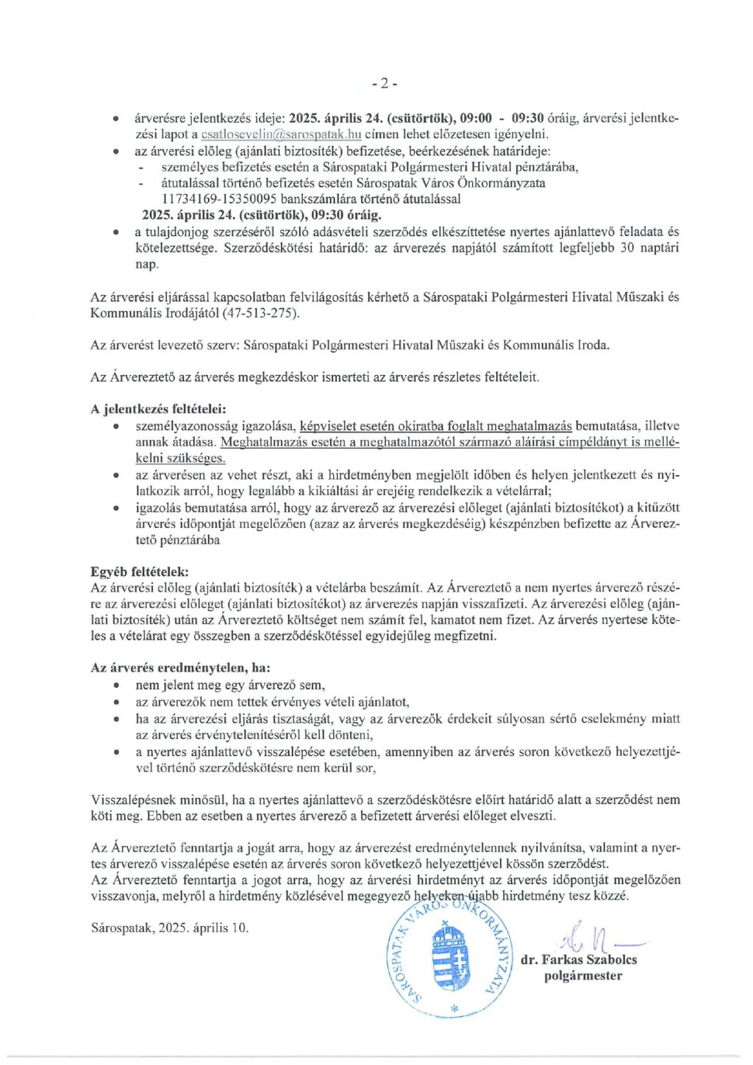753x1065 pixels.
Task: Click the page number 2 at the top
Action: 384,83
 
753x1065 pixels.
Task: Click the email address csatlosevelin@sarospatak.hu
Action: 281,135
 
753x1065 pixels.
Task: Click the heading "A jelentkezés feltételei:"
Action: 158,409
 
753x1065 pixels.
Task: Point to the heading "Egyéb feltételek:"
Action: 139,571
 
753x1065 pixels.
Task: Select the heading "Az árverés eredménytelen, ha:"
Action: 180,668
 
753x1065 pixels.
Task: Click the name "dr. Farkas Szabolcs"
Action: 579,960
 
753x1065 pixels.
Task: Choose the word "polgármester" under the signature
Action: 583,976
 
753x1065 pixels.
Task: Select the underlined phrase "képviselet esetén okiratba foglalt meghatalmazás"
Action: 435,426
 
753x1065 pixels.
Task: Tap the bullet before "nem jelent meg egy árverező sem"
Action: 116,685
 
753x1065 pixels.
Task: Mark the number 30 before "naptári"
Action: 627,248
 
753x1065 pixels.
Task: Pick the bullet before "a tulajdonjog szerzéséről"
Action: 116,232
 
